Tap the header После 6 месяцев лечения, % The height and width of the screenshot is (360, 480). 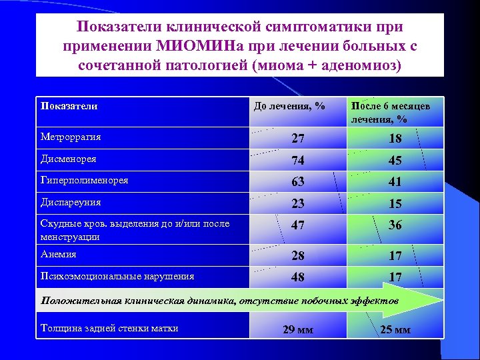click(391, 113)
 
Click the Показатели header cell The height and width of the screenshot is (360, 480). click(69, 106)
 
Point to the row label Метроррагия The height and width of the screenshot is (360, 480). click(71, 137)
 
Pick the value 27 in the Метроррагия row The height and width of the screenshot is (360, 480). click(298, 139)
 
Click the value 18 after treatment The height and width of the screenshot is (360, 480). click(395, 139)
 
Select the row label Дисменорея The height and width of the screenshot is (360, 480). click(68, 159)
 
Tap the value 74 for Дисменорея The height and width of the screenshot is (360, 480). click(298, 161)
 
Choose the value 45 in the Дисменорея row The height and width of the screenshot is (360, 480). click(395, 161)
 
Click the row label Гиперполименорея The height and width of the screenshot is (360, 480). click(85, 181)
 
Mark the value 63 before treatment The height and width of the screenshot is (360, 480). click(298, 182)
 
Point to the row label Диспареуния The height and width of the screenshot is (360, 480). click(71, 202)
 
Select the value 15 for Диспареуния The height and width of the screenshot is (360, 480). click(395, 203)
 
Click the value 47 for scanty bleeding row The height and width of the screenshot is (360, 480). click(298, 225)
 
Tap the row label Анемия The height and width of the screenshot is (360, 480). click(59, 255)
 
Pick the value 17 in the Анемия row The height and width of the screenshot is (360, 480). click(395, 255)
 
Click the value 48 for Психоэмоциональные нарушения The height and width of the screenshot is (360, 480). click(298, 277)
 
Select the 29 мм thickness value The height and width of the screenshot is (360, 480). click(298, 329)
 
